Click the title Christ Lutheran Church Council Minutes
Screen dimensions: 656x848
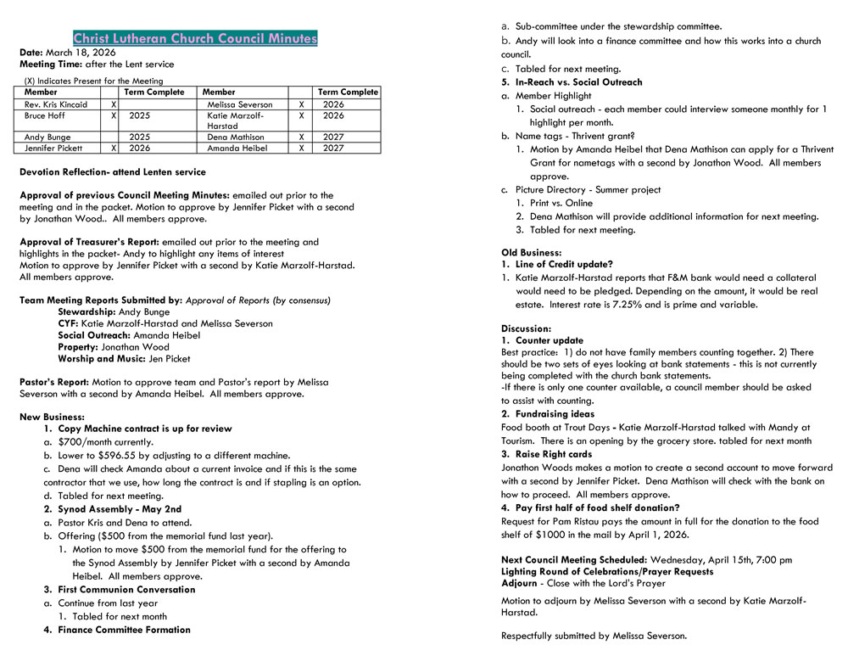coord(195,38)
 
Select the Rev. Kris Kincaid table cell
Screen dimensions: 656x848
coord(56,104)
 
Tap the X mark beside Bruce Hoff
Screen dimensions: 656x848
coord(114,115)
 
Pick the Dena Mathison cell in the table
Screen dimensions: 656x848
coord(235,137)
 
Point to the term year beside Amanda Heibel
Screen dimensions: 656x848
coord(333,148)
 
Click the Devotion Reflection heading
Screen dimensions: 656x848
coord(112,171)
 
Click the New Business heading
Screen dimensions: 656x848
coord(52,417)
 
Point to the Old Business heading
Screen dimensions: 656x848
coord(531,253)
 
